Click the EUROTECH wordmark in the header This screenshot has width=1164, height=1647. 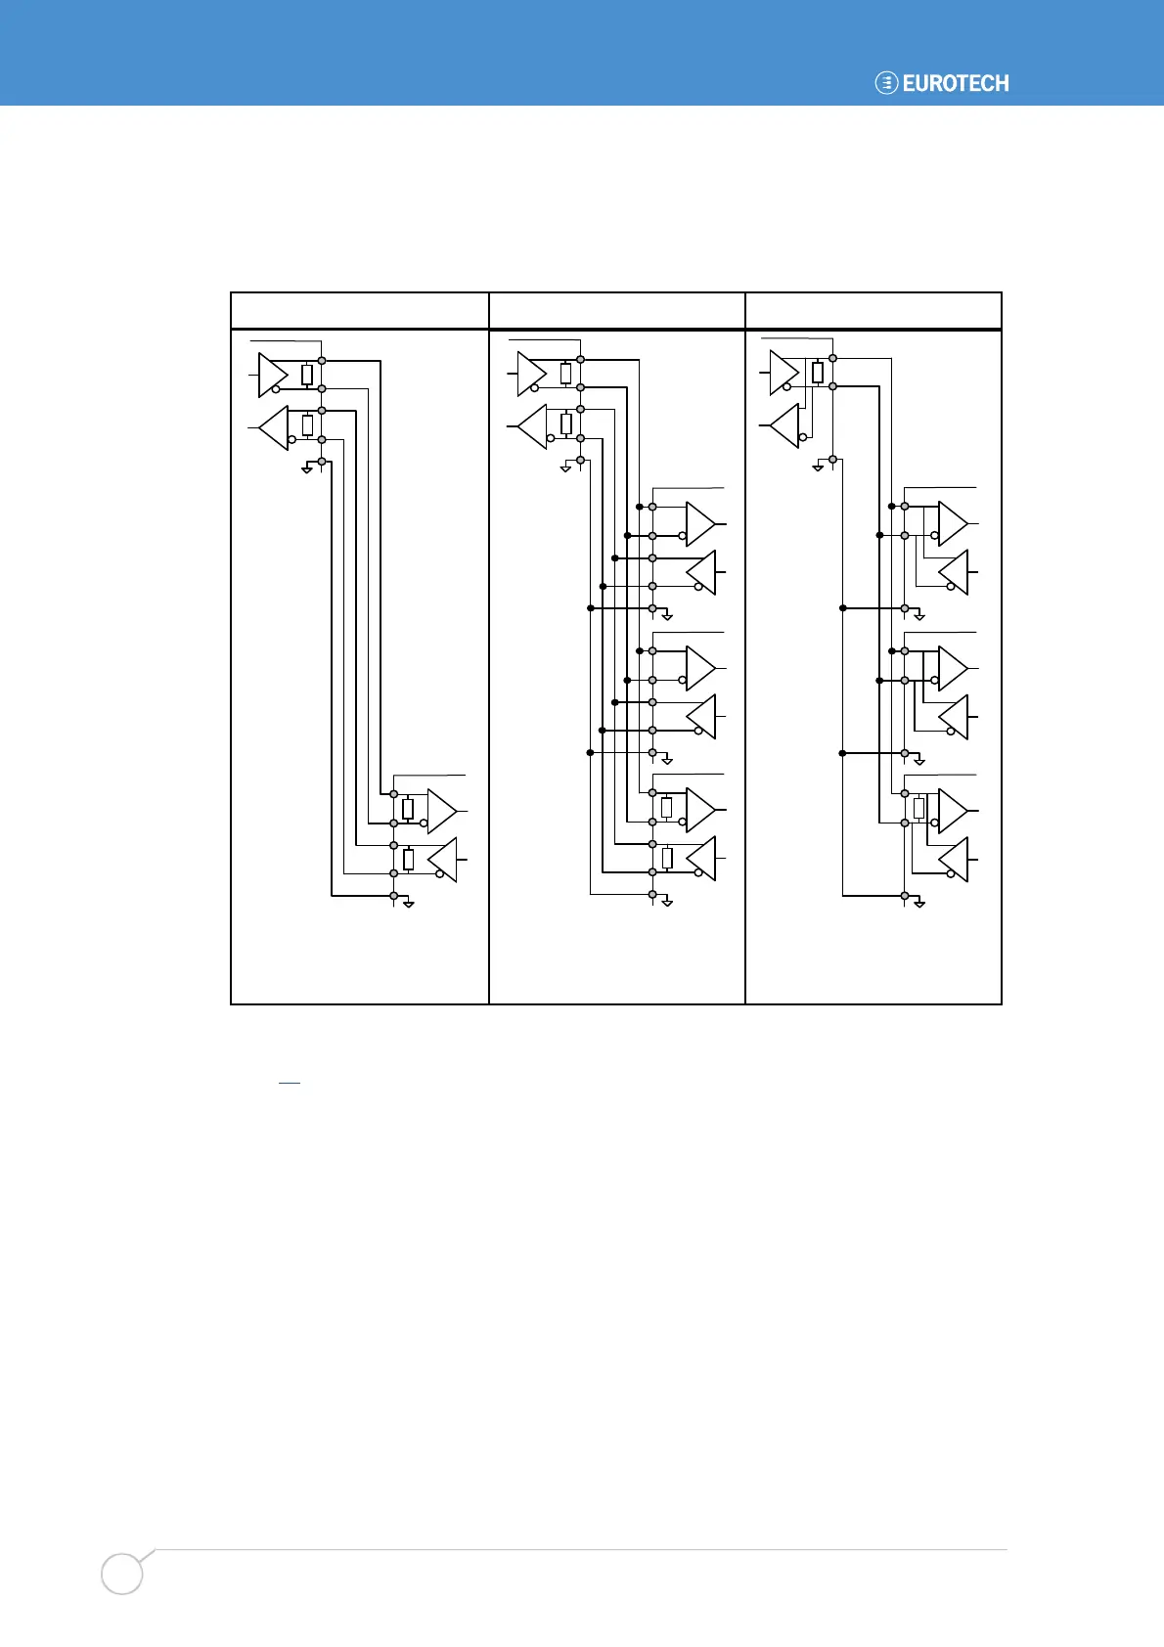point(956,83)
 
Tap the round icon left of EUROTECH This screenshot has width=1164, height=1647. point(886,83)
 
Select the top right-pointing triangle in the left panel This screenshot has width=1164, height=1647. point(273,376)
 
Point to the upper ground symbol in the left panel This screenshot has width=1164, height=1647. point(307,468)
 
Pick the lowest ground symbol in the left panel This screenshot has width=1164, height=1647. point(409,903)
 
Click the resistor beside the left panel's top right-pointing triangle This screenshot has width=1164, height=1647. point(307,375)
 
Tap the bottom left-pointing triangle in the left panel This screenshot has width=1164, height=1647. point(442,859)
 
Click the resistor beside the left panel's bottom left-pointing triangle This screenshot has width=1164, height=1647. point(408,859)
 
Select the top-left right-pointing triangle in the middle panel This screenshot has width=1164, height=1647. point(531,376)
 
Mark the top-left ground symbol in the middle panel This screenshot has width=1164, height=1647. point(565,468)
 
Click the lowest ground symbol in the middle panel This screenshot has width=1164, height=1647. point(667,903)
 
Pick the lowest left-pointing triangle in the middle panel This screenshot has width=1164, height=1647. point(701,858)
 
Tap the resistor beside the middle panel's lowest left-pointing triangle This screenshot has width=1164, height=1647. point(667,858)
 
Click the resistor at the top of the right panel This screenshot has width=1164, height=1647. point(818,373)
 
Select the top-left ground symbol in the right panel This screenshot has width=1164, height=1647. point(818,467)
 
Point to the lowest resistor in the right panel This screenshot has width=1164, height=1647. point(918,808)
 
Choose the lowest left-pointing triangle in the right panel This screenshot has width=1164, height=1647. point(954,859)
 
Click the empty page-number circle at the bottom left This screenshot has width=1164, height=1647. point(122,1574)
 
